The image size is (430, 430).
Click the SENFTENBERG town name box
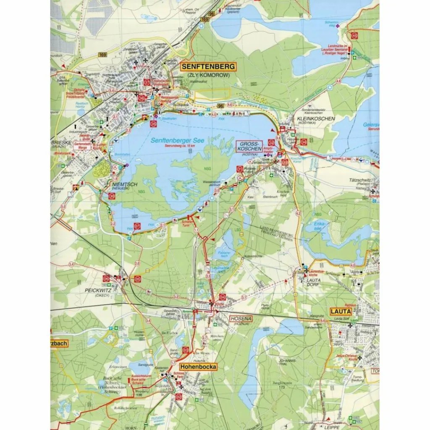(x=209, y=67)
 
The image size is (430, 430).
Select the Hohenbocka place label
(x=199, y=367)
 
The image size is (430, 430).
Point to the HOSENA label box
(x=241, y=319)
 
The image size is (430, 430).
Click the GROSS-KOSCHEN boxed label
(x=249, y=146)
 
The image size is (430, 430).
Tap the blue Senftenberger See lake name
(x=178, y=142)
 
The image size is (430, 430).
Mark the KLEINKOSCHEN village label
(x=315, y=119)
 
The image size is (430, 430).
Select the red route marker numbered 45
(x=355, y=36)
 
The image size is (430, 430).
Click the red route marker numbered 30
(x=112, y=196)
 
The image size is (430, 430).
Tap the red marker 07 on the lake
(x=137, y=226)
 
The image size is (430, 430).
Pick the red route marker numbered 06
(x=106, y=278)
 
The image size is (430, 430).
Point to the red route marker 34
(x=304, y=143)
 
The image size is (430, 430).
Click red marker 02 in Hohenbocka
(x=179, y=397)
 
